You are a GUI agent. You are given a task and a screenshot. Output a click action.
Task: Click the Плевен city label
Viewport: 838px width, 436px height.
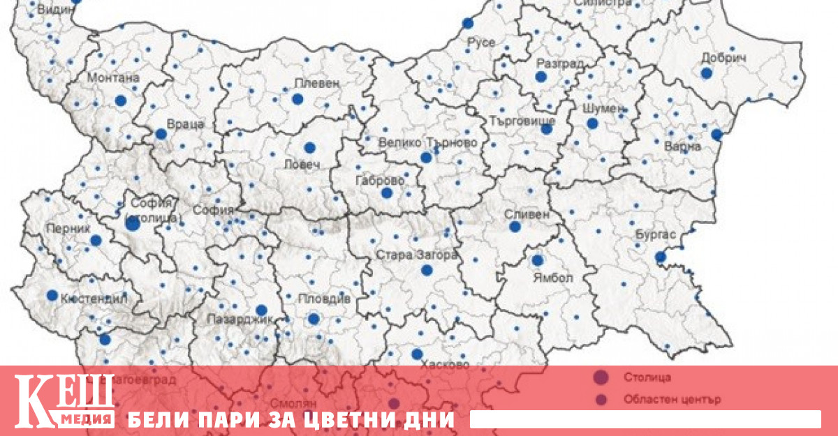pyautogui.click(x=317, y=82)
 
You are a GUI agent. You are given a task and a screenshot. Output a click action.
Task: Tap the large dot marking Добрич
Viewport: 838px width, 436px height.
pyautogui.click(x=706, y=73)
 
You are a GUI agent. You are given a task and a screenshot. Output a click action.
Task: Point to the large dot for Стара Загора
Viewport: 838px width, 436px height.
pyautogui.click(x=427, y=270)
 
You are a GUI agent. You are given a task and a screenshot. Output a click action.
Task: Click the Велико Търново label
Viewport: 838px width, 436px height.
pyautogui.click(x=428, y=142)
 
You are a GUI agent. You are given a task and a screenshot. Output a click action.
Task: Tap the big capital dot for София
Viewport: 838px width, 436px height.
pyautogui.click(x=133, y=224)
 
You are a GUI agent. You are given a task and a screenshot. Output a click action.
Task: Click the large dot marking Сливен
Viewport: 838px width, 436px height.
pyautogui.click(x=515, y=227)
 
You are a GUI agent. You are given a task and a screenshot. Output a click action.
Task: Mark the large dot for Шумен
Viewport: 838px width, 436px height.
pyautogui.click(x=592, y=123)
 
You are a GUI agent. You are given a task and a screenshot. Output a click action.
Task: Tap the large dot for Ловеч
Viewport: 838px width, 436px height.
pyautogui.click(x=309, y=147)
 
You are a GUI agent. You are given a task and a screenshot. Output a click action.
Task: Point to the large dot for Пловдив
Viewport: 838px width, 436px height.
pyautogui.click(x=314, y=319)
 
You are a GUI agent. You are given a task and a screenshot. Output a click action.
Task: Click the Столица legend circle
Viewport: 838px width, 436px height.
pyautogui.click(x=599, y=377)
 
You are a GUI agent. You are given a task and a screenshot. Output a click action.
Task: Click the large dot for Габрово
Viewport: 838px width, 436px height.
pyautogui.click(x=387, y=193)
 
